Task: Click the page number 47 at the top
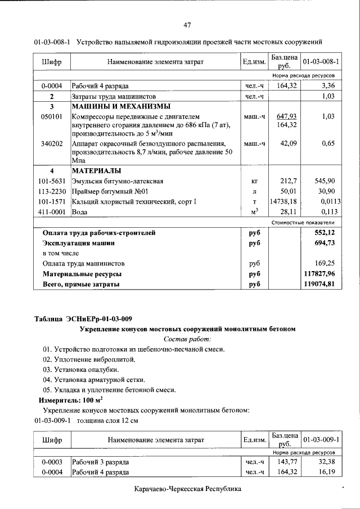[187, 24]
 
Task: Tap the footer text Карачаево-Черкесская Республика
[188, 489]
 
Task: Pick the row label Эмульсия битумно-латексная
[117, 181]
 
